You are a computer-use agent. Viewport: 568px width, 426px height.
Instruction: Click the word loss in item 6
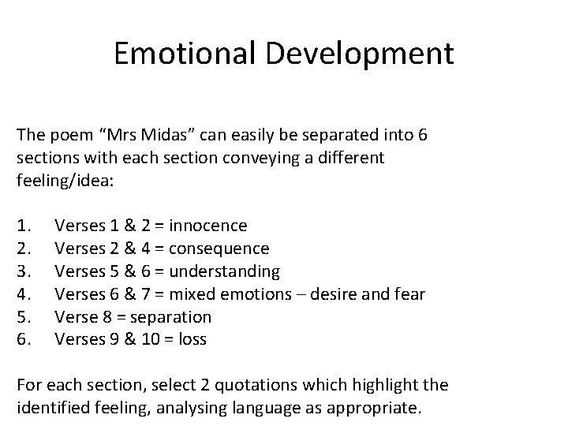click(x=192, y=340)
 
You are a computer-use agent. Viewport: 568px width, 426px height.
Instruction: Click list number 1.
click(x=23, y=226)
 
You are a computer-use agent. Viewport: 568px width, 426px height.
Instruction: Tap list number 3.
click(x=23, y=271)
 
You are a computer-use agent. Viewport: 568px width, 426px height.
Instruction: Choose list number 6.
click(x=23, y=340)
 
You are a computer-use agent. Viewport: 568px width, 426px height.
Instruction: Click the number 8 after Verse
click(x=104, y=317)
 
